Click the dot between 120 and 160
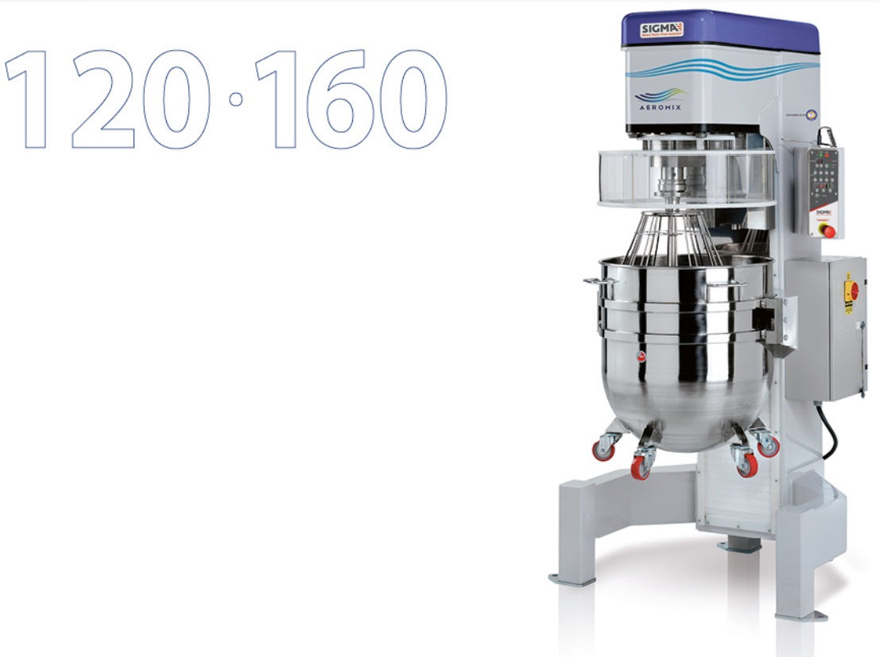(235, 99)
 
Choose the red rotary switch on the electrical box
(850, 290)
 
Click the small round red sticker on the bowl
(641, 357)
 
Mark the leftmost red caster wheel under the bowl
(604, 450)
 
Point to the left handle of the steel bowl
(594, 280)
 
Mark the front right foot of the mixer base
(801, 614)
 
